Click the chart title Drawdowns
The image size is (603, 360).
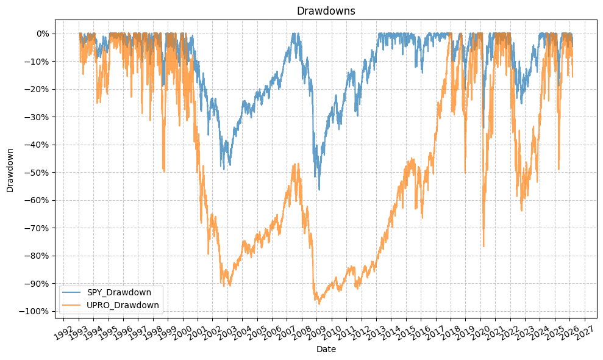[x=326, y=11]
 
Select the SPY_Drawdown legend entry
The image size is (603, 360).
[x=119, y=292]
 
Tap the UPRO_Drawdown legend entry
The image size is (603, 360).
[x=123, y=305]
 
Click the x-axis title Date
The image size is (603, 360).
[x=326, y=350]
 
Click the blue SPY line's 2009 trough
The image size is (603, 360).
[x=318, y=190]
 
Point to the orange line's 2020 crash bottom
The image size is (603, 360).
[x=483, y=247]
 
